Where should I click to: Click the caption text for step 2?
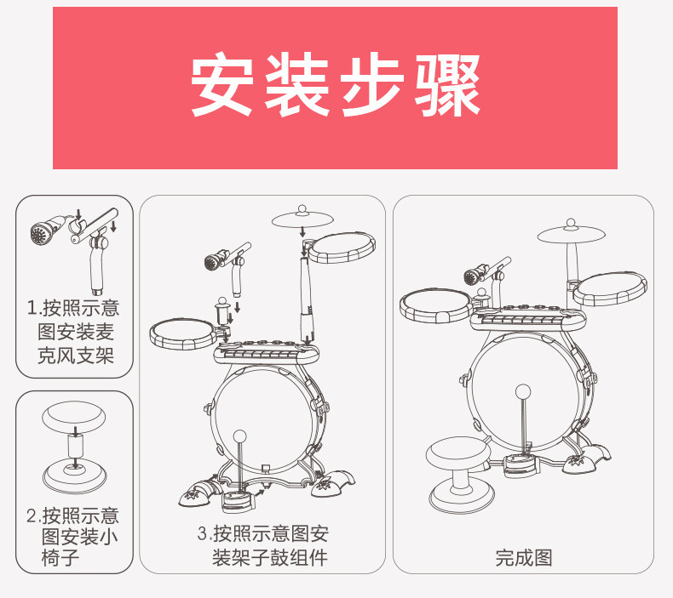(75, 537)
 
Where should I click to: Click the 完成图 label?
(523, 557)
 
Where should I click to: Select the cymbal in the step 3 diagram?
(302, 220)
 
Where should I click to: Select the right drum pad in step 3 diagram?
(342, 248)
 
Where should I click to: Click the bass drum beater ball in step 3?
(242, 436)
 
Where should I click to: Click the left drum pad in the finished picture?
(435, 302)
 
